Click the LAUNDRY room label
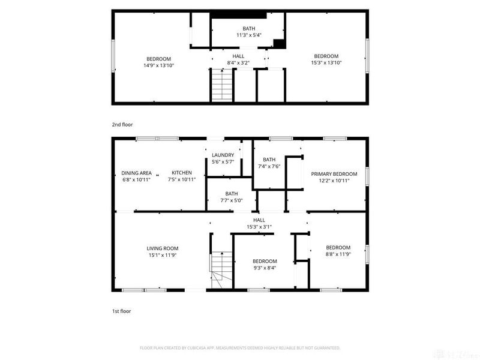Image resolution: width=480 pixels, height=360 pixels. pos(223,155)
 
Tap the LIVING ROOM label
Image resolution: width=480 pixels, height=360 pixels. pos(163,248)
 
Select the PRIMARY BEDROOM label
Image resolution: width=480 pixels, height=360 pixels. pos(334,174)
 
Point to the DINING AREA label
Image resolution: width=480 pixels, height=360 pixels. pos(136,173)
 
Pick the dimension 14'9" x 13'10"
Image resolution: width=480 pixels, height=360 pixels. pos(158,65)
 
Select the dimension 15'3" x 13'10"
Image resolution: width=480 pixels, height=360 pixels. pos(326,62)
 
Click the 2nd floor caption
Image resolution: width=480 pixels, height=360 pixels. pos(122,125)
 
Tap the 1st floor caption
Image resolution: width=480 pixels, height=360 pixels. pos(121,311)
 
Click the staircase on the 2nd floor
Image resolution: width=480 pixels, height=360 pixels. pos(220,85)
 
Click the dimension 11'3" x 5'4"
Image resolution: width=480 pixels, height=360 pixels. pos(248,35)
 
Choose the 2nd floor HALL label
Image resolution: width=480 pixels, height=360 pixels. pos(238,56)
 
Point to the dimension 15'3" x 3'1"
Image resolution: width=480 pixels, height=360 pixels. pos(259,227)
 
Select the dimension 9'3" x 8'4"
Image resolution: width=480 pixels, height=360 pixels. pos(264,268)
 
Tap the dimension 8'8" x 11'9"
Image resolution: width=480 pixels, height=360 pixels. pos(338,254)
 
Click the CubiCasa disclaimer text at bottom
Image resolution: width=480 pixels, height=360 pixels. pos(240,348)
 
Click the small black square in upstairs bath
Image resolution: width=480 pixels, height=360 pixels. pos(278,43)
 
